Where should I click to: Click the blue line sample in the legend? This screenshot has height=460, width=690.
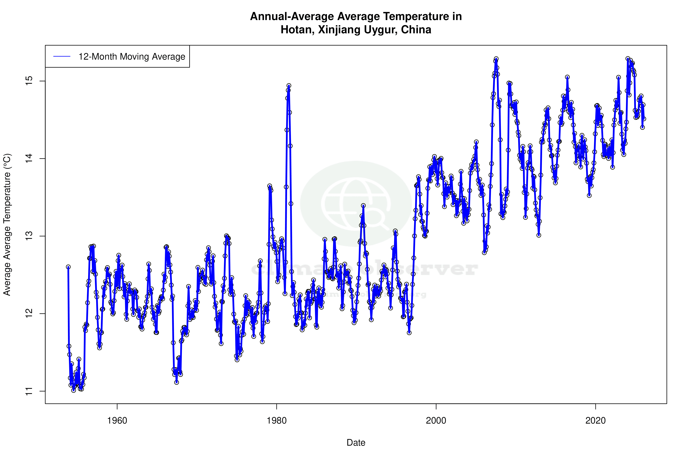coord(62,56)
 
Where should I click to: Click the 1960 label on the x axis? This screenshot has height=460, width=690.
coord(117,420)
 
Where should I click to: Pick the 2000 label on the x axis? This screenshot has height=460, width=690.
coord(436,420)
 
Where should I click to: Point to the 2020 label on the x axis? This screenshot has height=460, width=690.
coord(596,420)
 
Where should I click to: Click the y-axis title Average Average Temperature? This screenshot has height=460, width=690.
coord(7,224)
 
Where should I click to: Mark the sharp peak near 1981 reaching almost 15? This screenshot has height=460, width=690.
coord(289,86)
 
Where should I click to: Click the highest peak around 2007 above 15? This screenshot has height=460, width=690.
coord(496,59)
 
